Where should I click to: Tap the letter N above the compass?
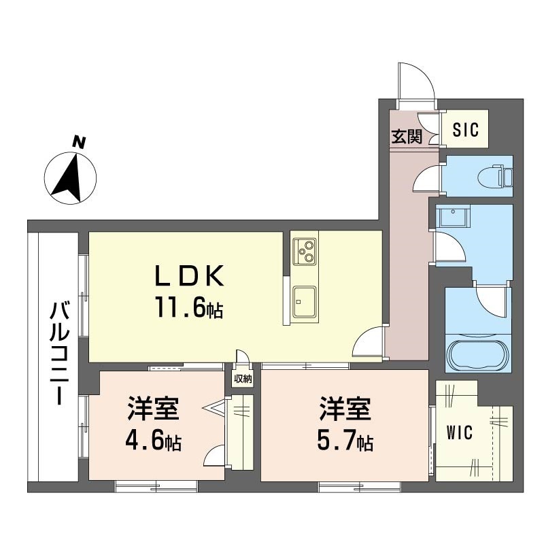pos(80,142)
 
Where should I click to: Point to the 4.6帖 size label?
pos(152,442)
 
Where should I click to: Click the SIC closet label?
pos(466,129)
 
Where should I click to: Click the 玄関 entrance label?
pos(406,136)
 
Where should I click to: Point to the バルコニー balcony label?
pos(59,354)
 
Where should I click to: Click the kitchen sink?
pos(304,301)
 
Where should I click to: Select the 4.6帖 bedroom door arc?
pos(215,456)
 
